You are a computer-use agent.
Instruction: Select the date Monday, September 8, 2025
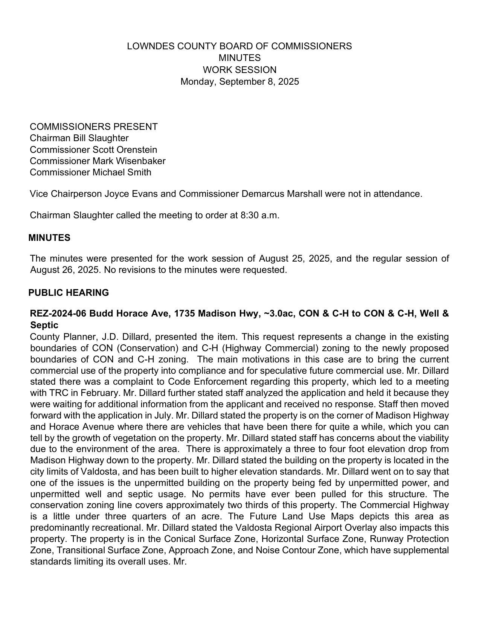[x=239, y=82]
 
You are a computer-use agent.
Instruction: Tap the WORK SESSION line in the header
[x=239, y=70]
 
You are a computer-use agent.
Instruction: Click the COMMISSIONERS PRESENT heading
[x=94, y=126]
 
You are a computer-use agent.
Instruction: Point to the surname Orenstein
[x=137, y=149]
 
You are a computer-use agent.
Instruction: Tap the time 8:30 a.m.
[x=260, y=215]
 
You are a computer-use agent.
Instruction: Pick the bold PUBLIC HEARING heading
[x=69, y=293]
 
